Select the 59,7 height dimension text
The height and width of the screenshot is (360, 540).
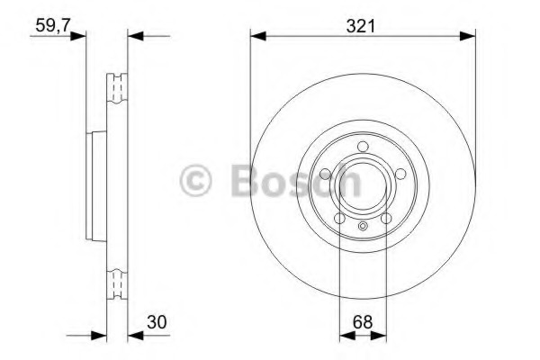tap(53, 25)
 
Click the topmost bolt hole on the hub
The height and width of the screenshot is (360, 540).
tap(362, 148)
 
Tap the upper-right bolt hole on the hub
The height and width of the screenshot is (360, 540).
tap(394, 171)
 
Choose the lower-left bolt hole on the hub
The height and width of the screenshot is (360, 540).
tap(340, 218)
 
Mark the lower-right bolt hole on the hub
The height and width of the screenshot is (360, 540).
tap(384, 218)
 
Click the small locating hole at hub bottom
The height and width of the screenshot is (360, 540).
tap(362, 226)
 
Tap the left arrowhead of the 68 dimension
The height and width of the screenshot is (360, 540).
tap(344, 336)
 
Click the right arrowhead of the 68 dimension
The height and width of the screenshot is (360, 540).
tap(380, 336)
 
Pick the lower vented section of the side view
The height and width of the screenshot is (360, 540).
tap(116, 283)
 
